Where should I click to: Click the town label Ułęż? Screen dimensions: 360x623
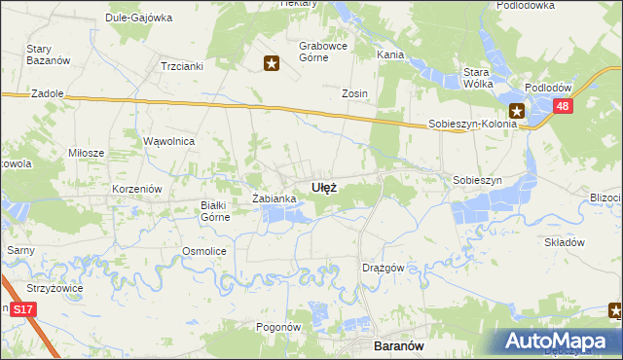pyautogui.click(x=324, y=187)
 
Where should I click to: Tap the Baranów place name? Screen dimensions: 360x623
pyautogui.click(x=398, y=344)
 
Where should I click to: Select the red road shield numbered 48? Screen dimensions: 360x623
pyautogui.click(x=563, y=107)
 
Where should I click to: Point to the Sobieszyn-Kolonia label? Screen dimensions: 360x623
pyautogui.click(x=473, y=125)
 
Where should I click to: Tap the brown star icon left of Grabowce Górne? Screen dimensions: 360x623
pyautogui.click(x=272, y=64)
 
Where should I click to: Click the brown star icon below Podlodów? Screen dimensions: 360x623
pyautogui.click(x=518, y=111)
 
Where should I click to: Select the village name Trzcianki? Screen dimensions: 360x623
pyautogui.click(x=180, y=66)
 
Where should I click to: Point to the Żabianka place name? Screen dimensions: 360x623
pyautogui.click(x=274, y=198)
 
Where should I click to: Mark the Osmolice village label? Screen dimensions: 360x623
pyautogui.click(x=204, y=251)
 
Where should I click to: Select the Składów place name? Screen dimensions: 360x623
pyautogui.click(x=563, y=242)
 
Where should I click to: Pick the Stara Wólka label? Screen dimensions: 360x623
pyautogui.click(x=475, y=78)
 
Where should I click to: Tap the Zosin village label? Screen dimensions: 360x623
pyautogui.click(x=353, y=93)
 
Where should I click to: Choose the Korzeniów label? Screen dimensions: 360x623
pyautogui.click(x=135, y=187)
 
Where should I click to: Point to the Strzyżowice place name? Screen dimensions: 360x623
pyautogui.click(x=55, y=288)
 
